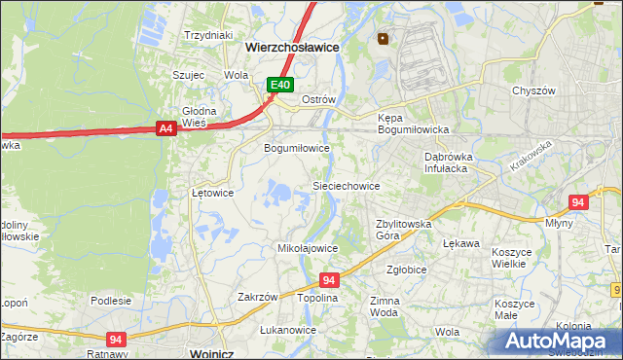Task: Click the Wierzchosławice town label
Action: [x=277, y=46]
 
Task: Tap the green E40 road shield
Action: [x=280, y=86]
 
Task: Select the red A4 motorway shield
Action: [x=165, y=127]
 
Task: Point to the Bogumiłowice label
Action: [x=297, y=148]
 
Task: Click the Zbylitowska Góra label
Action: [x=403, y=230]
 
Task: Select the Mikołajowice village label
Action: [x=308, y=248]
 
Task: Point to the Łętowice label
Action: [x=212, y=193]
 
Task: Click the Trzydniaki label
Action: [x=207, y=35]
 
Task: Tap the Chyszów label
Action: [x=533, y=90]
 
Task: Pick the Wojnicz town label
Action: [x=216, y=353]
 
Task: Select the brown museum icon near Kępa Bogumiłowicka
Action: [x=383, y=40]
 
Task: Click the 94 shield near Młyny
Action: [x=578, y=202]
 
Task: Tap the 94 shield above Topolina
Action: [x=328, y=279]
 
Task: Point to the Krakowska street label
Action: [x=530, y=155]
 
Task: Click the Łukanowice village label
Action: [x=288, y=330]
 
